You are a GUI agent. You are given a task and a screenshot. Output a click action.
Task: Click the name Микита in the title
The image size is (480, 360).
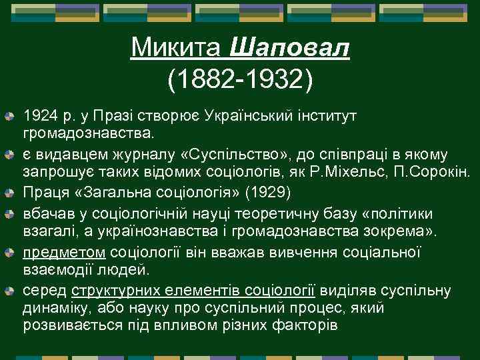click(177, 47)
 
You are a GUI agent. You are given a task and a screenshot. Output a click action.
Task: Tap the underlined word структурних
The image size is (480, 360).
click(125, 291)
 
